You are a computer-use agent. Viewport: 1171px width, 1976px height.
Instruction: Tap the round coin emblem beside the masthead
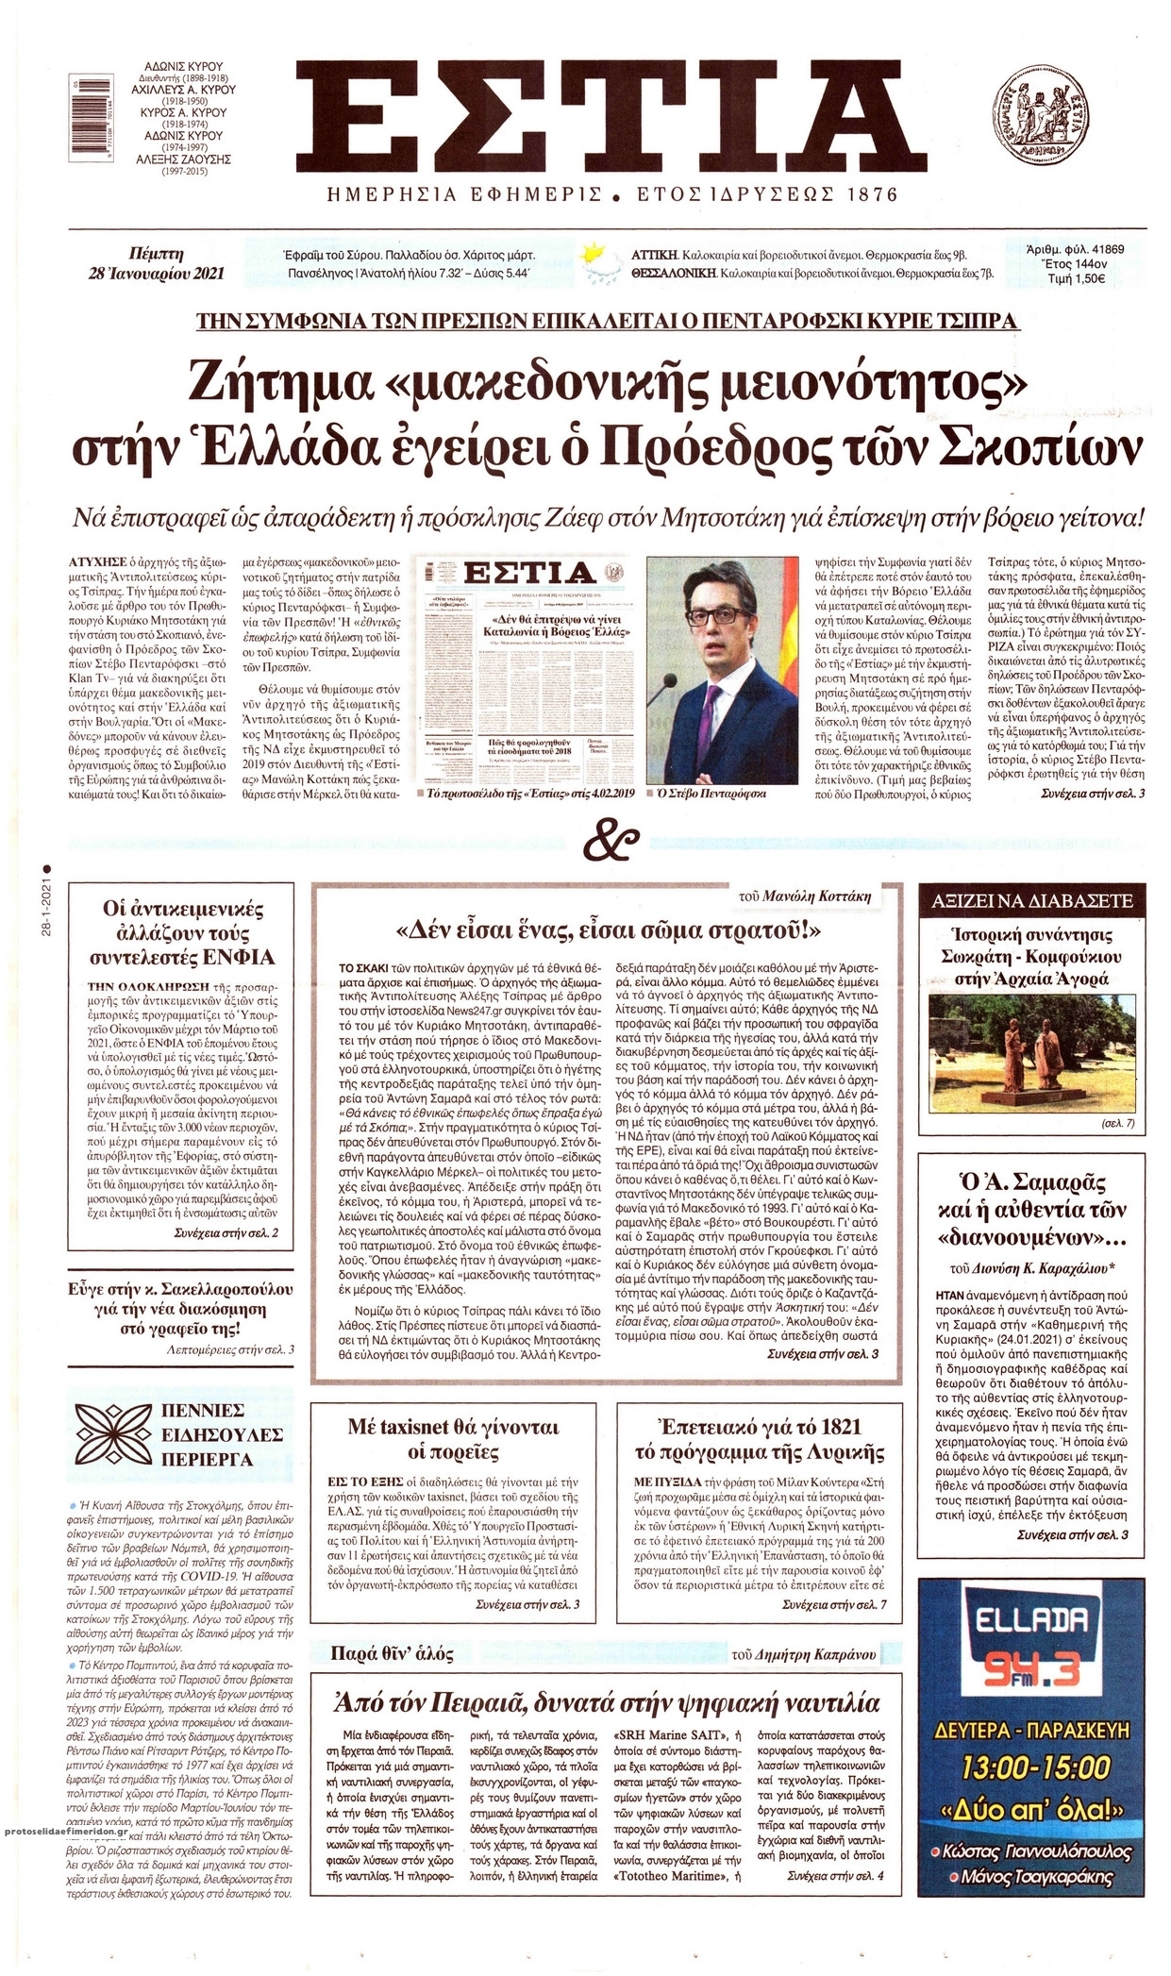click(x=1047, y=116)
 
